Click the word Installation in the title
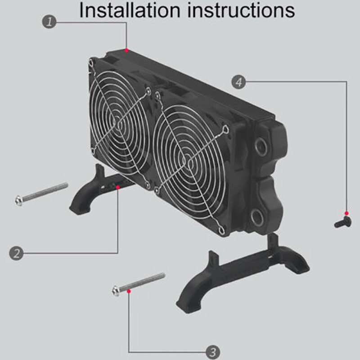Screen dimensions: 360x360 (x=130, y=10)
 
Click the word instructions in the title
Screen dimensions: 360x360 (x=241, y=10)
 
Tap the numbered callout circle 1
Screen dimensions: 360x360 (x=49, y=22)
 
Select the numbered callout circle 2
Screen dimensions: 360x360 (x=16, y=253)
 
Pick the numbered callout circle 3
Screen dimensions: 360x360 (x=213, y=352)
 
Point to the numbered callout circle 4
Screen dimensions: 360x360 (x=238, y=82)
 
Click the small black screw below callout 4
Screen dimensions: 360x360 (x=343, y=222)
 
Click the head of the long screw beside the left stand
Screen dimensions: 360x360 (x=19, y=200)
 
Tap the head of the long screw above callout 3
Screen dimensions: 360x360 (x=116, y=291)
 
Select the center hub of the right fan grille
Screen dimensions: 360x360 (x=190, y=163)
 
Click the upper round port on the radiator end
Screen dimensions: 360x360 (x=261, y=147)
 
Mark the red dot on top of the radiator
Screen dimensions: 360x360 (x=126, y=50)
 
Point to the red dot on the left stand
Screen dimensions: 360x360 (x=118, y=187)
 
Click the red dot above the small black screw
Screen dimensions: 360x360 (x=346, y=213)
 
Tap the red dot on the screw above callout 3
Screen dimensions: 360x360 (x=129, y=291)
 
